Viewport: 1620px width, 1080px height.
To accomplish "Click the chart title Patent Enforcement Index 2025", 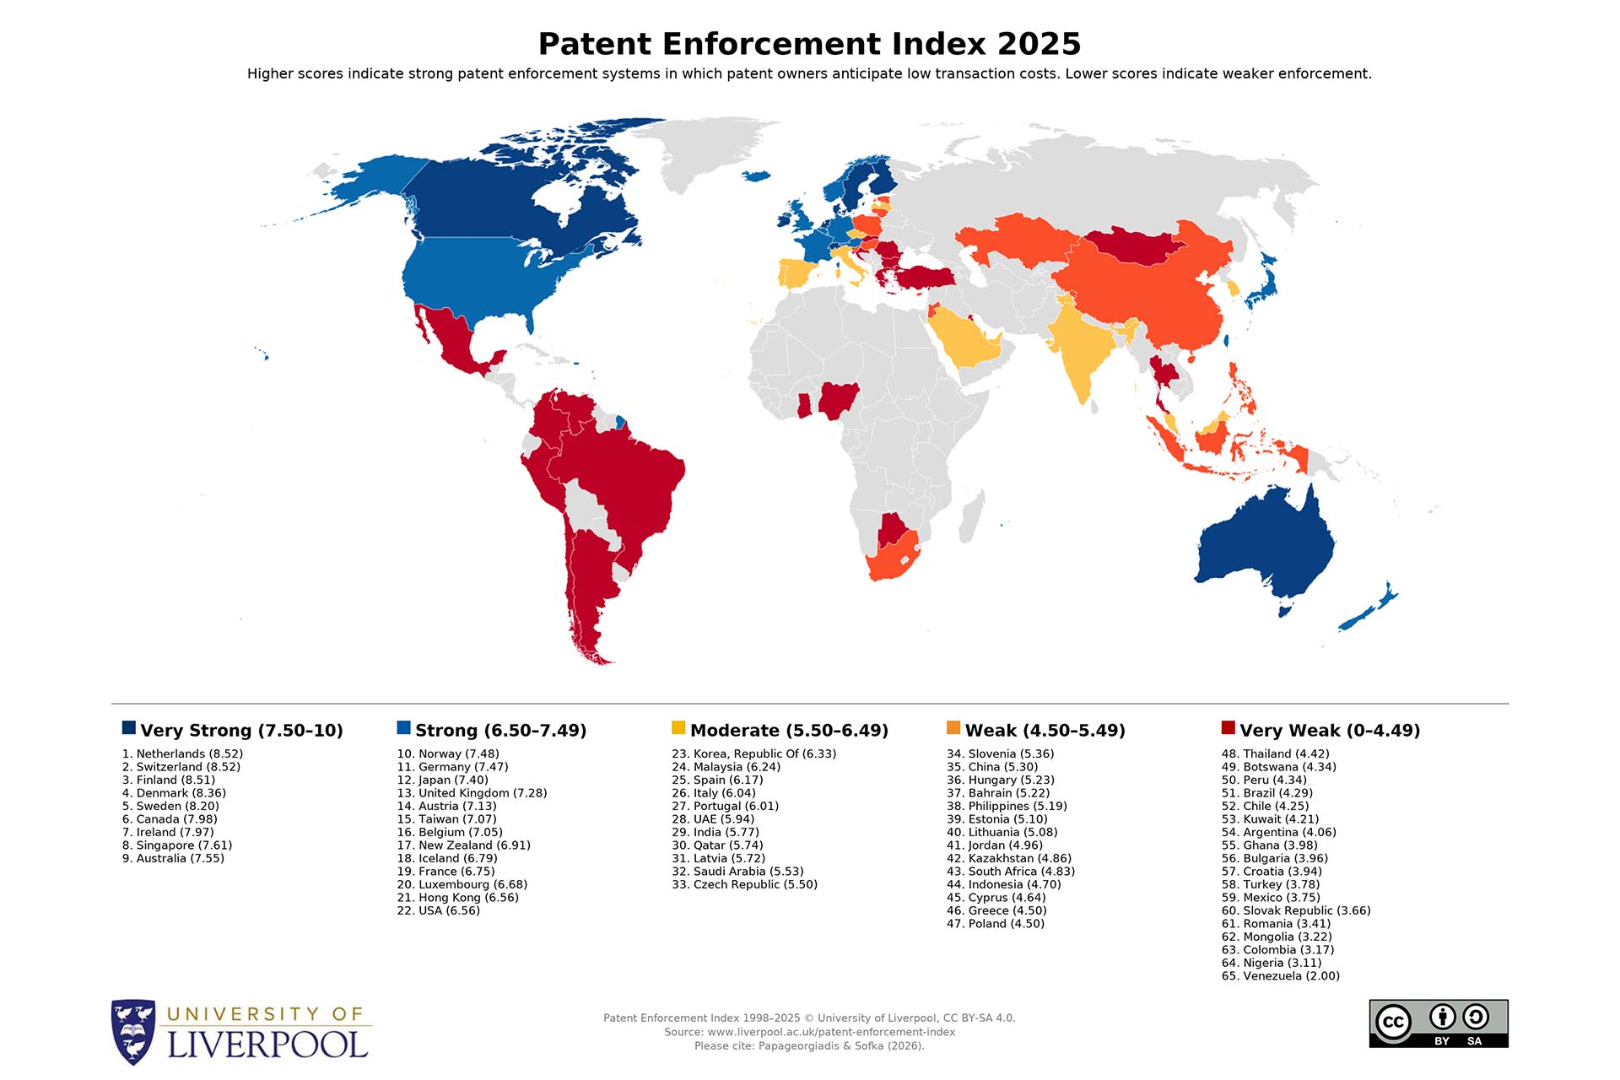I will click(x=809, y=44).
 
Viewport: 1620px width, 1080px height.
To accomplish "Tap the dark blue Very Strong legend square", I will click(x=129, y=727).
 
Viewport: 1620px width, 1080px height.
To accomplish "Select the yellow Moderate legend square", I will click(x=678, y=727).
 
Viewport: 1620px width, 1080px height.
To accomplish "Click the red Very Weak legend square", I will click(x=1228, y=727).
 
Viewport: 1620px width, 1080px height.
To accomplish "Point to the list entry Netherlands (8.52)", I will click(x=182, y=753).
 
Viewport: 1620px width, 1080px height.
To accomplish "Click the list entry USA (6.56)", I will click(x=438, y=910).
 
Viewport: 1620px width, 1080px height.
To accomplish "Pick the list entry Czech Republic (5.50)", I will click(x=744, y=884).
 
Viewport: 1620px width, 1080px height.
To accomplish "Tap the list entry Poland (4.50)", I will click(x=995, y=923).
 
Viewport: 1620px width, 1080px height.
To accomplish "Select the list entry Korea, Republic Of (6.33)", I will click(x=753, y=753).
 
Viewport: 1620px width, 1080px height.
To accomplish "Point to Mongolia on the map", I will click(x=1131, y=245).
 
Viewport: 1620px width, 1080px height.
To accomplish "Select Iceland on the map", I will click(x=756, y=175).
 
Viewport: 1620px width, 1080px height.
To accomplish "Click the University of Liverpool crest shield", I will click(x=133, y=1031).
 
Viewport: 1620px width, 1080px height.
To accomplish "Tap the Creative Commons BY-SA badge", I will click(x=1438, y=1023).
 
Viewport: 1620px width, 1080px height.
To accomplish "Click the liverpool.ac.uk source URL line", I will click(x=809, y=1032).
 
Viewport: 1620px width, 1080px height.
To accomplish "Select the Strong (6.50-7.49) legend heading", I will click(x=500, y=730).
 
